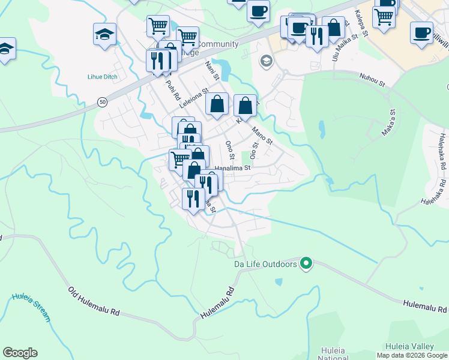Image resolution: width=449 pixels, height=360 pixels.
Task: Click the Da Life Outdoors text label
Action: coord(265,264)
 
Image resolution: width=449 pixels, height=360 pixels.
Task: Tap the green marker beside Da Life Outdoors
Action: coord(306,263)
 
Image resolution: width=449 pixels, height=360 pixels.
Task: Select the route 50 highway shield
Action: coord(103,103)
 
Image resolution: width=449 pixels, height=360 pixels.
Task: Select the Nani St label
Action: coord(212,70)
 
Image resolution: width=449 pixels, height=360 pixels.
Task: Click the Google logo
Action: coord(20,353)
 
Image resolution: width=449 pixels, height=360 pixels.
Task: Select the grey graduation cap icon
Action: coord(265,61)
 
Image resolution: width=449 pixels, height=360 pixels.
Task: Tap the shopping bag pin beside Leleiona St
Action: coord(217,104)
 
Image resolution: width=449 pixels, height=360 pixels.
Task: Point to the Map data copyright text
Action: coord(412,355)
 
